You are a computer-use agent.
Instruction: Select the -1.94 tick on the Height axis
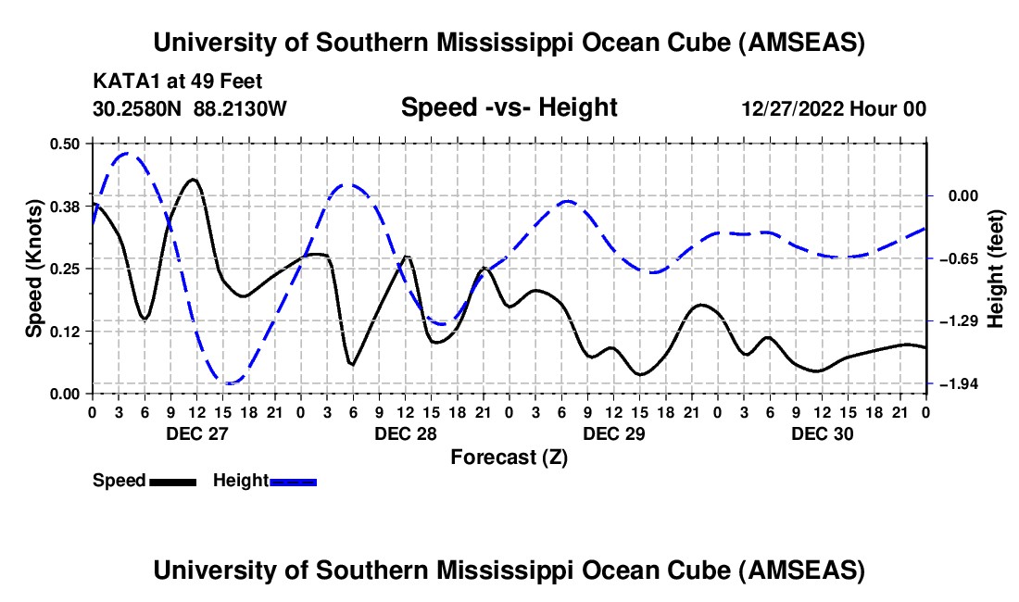952,383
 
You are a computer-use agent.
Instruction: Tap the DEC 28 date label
405,433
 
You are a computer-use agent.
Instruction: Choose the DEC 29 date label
613,433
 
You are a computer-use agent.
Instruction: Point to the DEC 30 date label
822,433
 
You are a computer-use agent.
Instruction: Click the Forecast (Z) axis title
509,457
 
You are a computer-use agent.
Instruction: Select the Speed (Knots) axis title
33,268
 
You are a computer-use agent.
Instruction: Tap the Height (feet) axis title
997,268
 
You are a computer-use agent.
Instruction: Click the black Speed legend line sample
172,481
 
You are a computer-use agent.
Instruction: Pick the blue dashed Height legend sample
294,481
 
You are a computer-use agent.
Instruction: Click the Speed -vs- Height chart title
509,107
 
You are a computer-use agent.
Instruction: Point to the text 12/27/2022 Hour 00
834,109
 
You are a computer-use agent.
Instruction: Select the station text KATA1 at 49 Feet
170,81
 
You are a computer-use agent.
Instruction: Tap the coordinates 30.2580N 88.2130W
190,109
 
